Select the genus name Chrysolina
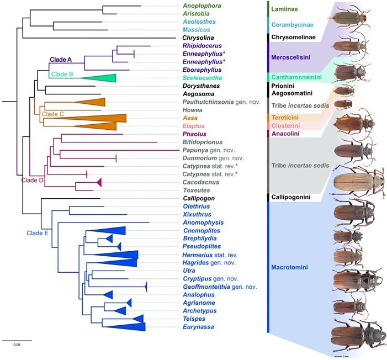coord(200,38)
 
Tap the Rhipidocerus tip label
coord(202,46)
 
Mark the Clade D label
coord(34,179)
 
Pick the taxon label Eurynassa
coord(199,327)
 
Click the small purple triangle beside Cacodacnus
coord(99,182)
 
